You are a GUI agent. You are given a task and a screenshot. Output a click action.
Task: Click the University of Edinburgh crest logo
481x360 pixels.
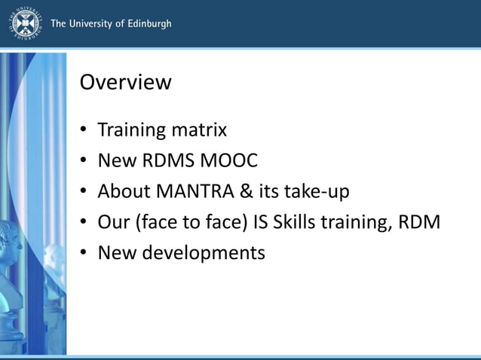(26, 23)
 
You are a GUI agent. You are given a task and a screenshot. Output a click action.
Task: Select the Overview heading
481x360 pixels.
(125, 81)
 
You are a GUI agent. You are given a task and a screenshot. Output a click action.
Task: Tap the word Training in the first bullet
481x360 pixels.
(132, 130)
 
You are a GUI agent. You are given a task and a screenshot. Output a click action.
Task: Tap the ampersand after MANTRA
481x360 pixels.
(247, 192)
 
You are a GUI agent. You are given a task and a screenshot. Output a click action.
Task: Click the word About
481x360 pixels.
(122, 192)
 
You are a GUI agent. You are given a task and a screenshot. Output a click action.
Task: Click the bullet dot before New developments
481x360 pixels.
(84, 254)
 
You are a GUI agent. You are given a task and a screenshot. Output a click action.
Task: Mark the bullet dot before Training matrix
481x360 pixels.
(84, 130)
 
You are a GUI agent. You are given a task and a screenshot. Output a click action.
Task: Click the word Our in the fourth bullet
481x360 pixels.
(114, 223)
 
